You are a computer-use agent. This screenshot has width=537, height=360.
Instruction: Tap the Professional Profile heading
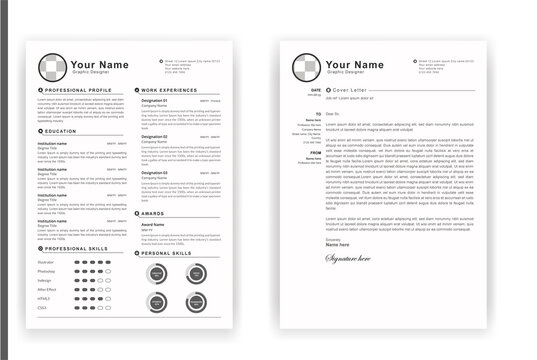(74, 90)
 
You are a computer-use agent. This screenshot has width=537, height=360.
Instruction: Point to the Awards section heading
(156, 212)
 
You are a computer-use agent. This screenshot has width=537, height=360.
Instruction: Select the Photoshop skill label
(47, 270)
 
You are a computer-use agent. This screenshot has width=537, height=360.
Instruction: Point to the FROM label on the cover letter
(315, 152)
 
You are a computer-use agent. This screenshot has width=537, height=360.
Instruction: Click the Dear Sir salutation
(333, 115)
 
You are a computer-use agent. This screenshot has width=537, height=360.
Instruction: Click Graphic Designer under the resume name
(91, 73)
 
